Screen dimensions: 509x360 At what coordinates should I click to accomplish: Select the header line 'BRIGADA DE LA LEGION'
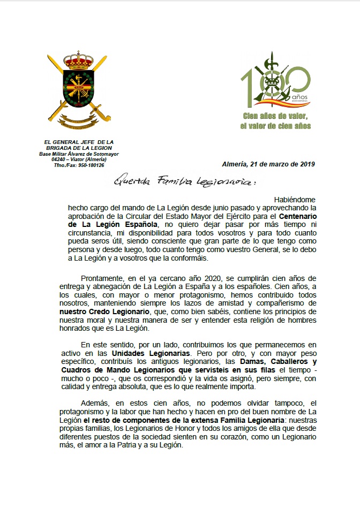(79, 148)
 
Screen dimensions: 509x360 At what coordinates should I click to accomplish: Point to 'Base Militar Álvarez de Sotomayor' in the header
(79, 154)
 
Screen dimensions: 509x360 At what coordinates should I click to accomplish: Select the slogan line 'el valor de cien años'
(276, 126)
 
